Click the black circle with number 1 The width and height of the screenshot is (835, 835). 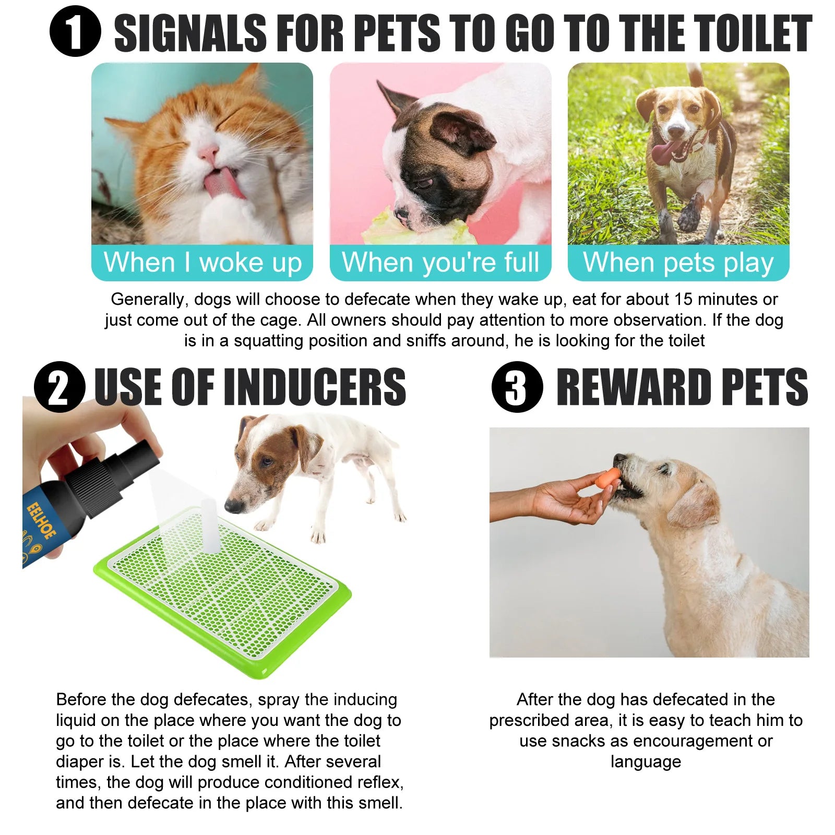[x=75, y=31]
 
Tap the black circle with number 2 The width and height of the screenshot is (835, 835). [x=59, y=387]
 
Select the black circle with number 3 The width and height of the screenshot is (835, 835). [x=517, y=387]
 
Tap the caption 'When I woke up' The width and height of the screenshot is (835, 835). [x=202, y=262]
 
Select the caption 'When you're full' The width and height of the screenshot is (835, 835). [x=440, y=262]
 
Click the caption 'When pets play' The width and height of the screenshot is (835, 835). [x=678, y=262]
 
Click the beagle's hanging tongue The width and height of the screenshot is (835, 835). [x=663, y=152]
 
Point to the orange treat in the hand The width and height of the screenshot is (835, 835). [x=609, y=476]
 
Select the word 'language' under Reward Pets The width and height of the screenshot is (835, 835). [x=646, y=762]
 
